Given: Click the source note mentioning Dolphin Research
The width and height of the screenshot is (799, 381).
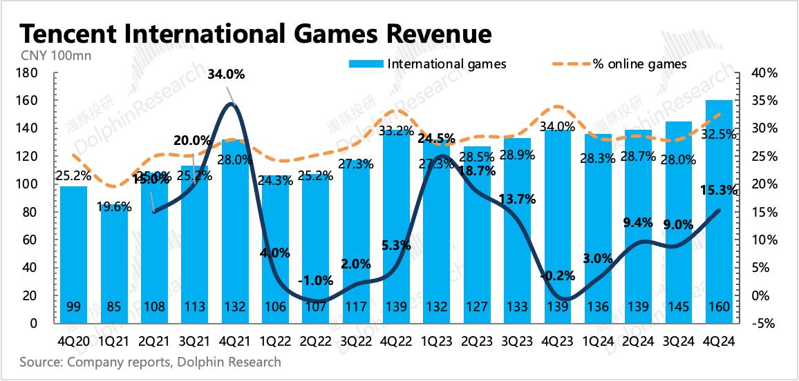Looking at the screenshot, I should coord(149,362).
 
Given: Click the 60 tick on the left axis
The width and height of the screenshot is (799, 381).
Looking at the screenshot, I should coord(31,240).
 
